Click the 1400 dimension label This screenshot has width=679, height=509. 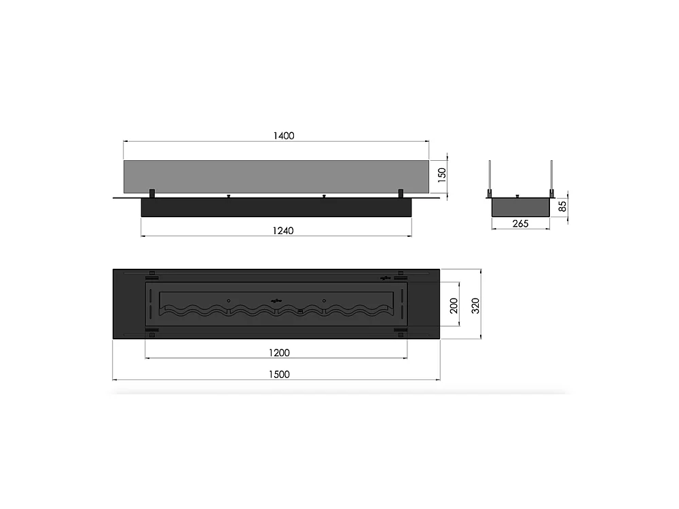coord(283,136)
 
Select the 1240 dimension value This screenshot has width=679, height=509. coord(284,230)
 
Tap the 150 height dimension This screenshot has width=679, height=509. coord(441,176)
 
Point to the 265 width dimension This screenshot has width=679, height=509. coord(520,224)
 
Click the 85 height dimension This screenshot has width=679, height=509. coord(562,206)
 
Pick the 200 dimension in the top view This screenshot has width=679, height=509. coord(454,306)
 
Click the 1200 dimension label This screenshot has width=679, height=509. coord(278,352)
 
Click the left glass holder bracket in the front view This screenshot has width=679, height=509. coord(153,193)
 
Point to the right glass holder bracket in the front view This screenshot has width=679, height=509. coord(401,193)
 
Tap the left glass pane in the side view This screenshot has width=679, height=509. coord(490,178)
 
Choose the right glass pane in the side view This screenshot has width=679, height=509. coord(552,178)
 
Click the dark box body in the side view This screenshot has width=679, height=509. coord(520,208)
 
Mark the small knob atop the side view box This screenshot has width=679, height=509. coord(518,196)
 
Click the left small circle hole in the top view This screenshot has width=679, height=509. coord(229,301)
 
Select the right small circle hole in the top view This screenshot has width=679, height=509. coord(325,301)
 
